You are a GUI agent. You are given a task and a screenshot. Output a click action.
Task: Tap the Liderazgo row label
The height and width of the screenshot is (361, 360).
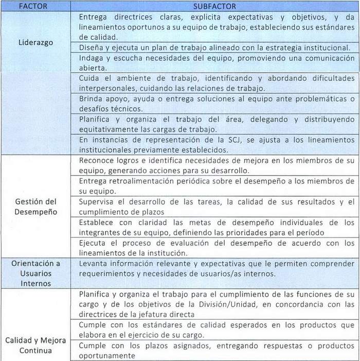(x=35, y=42)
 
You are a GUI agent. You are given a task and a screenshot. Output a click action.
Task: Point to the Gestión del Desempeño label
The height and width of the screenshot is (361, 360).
(x=35, y=206)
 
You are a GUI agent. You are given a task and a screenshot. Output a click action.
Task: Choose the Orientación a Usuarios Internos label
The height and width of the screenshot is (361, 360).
(x=35, y=273)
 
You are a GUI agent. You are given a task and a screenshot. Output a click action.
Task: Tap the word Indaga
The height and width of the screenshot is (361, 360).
(x=92, y=58)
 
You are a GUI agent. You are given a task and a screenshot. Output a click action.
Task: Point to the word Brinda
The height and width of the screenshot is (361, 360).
(x=91, y=98)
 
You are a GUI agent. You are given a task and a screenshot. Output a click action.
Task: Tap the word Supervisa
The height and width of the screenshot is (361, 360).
(x=97, y=201)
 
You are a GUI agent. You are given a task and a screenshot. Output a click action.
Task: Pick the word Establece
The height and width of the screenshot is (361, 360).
(x=97, y=222)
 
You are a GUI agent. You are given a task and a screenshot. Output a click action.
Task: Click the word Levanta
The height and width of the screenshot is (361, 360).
(x=94, y=263)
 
